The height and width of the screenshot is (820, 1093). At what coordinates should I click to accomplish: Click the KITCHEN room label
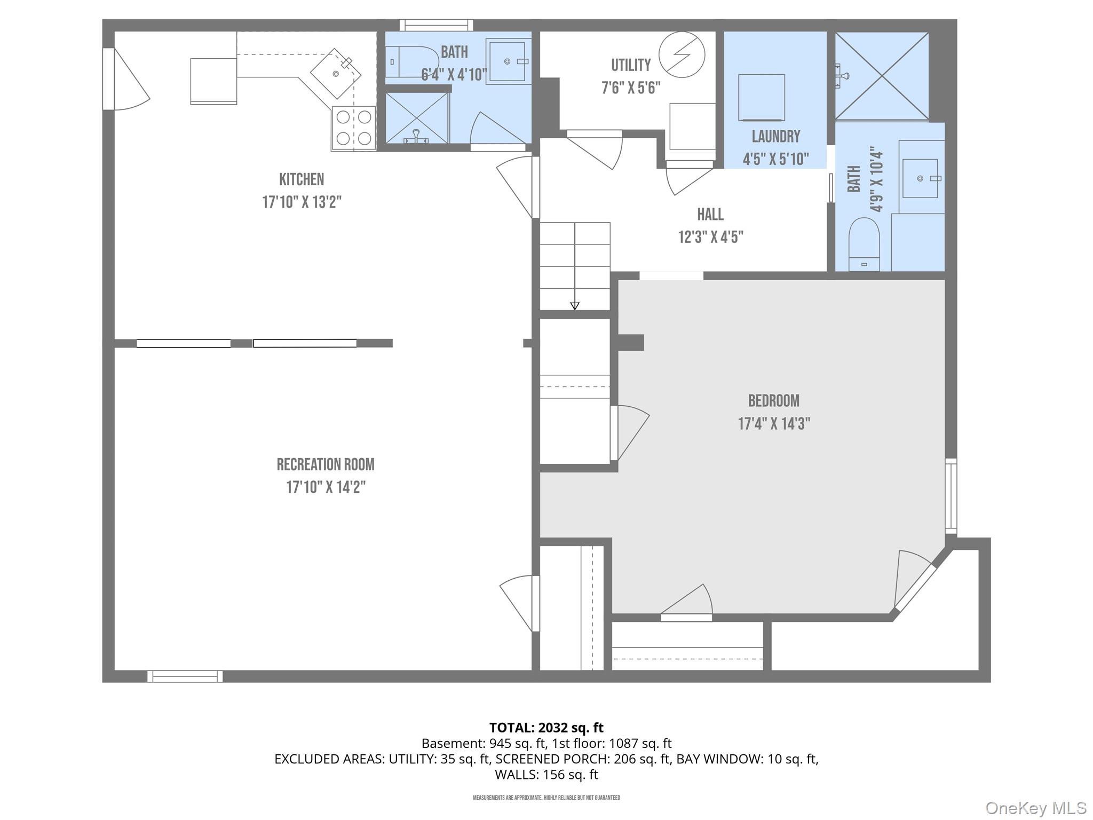coord(302,179)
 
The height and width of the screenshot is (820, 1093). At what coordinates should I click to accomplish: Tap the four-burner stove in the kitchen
coord(353,128)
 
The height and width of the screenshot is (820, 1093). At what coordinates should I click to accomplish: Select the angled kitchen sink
coord(336,74)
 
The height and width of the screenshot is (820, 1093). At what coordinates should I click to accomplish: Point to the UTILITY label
coord(631,65)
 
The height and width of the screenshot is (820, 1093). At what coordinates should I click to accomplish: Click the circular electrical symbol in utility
coord(682,54)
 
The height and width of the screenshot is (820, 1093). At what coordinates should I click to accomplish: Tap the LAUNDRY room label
coord(775,137)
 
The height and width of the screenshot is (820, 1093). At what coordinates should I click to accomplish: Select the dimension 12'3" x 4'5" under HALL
coord(710,237)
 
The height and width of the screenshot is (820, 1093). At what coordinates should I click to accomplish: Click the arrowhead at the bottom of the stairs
coord(575,306)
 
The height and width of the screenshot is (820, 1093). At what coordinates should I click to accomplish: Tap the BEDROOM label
coord(773,401)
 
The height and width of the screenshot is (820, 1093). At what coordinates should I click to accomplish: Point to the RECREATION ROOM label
coord(325,464)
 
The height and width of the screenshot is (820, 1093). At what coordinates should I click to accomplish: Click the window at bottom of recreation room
coord(185,676)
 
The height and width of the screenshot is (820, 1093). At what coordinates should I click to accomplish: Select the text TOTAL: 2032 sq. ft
coord(546,728)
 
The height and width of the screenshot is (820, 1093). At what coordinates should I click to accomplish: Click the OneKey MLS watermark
coord(1035,808)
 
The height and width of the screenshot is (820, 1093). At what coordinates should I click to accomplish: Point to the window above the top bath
coord(437,25)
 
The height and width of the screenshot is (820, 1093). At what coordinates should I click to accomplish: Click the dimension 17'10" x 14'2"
coord(326,487)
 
